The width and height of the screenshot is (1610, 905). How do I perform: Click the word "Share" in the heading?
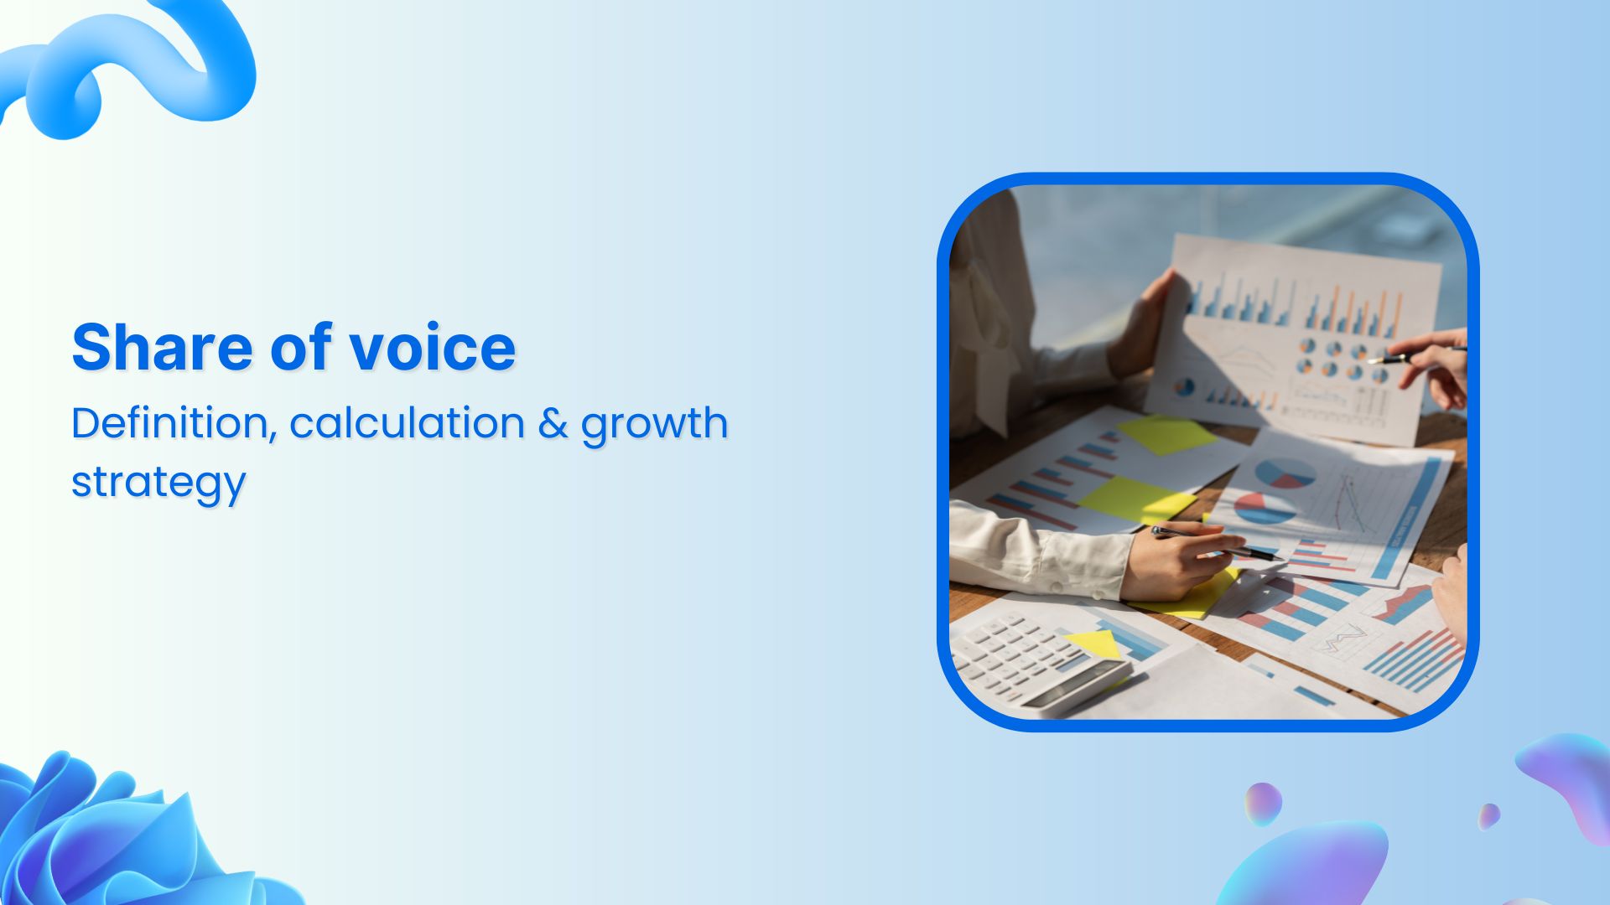[161, 347]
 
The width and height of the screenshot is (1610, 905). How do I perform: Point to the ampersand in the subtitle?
[553, 423]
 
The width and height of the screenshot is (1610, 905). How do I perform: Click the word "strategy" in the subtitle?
[158, 484]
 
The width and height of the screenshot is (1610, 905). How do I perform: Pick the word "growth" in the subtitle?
[654, 424]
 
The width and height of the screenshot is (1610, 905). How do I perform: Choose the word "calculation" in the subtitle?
[407, 422]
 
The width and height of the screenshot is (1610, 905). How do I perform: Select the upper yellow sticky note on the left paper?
[1166, 434]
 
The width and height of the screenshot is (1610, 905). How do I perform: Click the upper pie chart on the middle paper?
[1284, 473]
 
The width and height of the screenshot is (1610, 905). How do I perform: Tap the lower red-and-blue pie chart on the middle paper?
[1265, 508]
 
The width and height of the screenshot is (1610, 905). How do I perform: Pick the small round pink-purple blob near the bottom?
[1263, 804]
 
